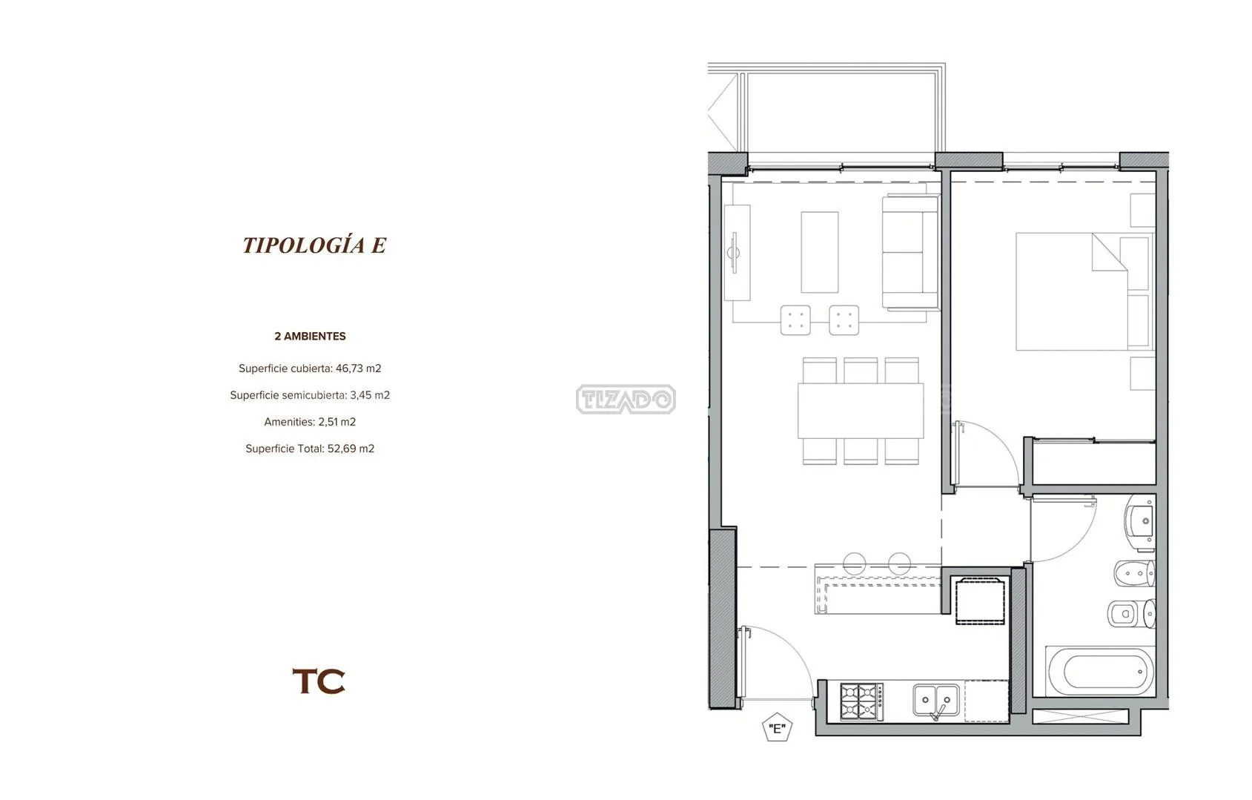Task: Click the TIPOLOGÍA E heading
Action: (x=314, y=245)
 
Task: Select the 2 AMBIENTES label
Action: (x=310, y=336)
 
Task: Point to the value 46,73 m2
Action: (x=358, y=368)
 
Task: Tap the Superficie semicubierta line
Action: (x=310, y=395)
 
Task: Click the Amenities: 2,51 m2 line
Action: (x=310, y=422)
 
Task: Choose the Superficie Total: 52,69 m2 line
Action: (x=310, y=449)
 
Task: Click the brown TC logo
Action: (x=319, y=681)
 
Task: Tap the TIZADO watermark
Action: (x=626, y=399)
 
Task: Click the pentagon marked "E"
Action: (x=777, y=727)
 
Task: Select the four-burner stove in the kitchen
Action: (x=861, y=701)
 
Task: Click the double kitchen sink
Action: (x=936, y=701)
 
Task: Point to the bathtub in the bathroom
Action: (x=1100, y=671)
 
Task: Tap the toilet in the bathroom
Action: (x=1131, y=613)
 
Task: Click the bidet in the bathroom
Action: (x=1134, y=573)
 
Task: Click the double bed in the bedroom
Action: (x=1084, y=291)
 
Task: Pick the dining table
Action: (x=860, y=410)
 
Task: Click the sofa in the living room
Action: (x=910, y=251)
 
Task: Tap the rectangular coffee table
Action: (x=819, y=252)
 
